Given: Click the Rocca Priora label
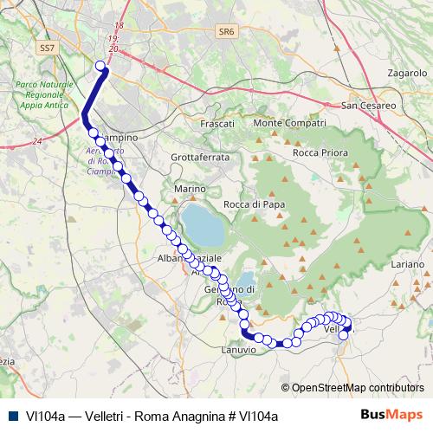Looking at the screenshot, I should [x=320, y=152].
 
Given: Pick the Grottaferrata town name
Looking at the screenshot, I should [x=200, y=158].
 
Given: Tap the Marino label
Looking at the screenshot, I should [x=190, y=188].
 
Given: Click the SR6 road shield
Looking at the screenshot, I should [x=227, y=31].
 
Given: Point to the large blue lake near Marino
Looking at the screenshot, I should [x=203, y=225].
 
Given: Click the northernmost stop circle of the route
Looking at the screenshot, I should [x=100, y=66].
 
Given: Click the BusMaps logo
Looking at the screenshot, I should [x=396, y=415].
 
